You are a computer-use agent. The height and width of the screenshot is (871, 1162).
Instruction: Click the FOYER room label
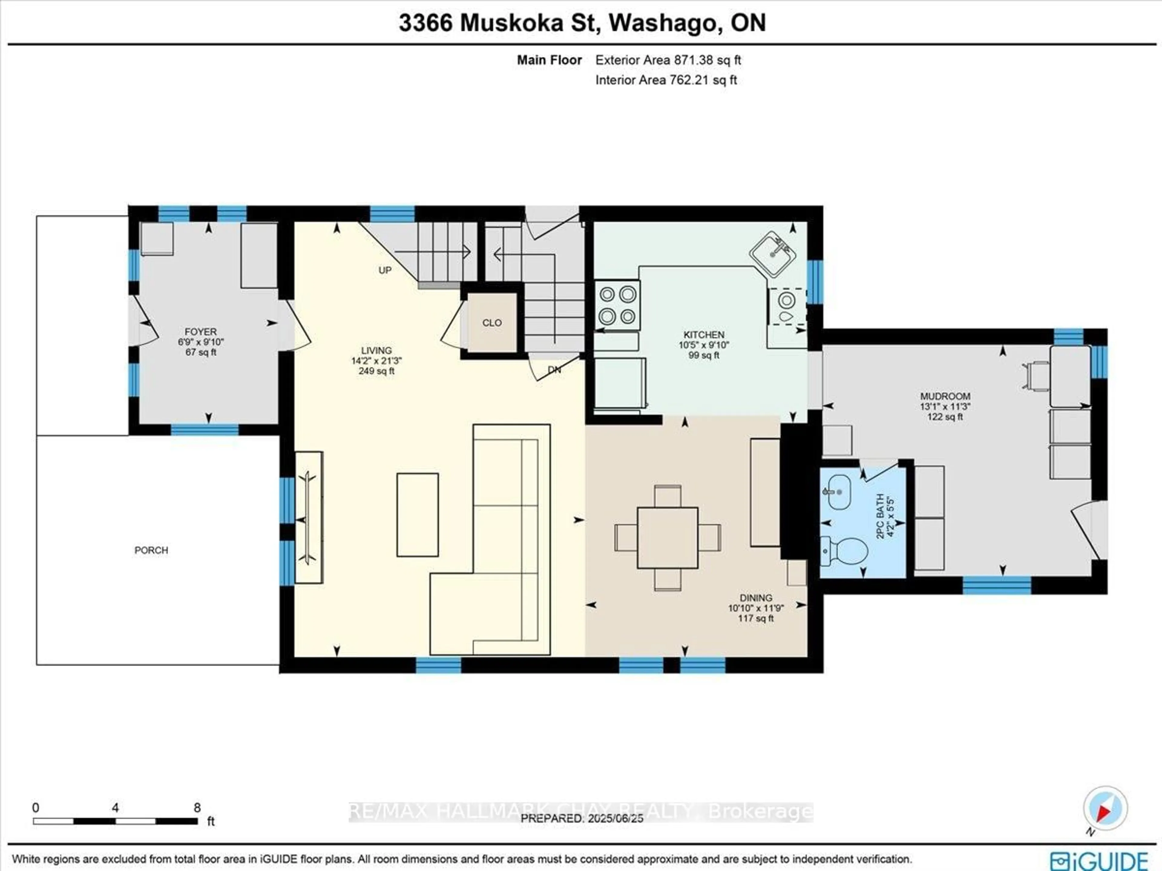200,332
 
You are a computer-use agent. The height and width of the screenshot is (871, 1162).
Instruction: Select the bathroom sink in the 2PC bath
839,492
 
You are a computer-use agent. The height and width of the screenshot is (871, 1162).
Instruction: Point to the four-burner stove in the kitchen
617,306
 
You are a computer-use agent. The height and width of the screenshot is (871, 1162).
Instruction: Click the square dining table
668,538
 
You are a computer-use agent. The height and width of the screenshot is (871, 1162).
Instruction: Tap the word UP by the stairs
385,270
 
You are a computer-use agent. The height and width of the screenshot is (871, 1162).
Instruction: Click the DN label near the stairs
554,370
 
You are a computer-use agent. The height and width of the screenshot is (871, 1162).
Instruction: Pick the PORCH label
151,550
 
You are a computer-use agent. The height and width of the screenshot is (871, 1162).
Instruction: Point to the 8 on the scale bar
197,808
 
